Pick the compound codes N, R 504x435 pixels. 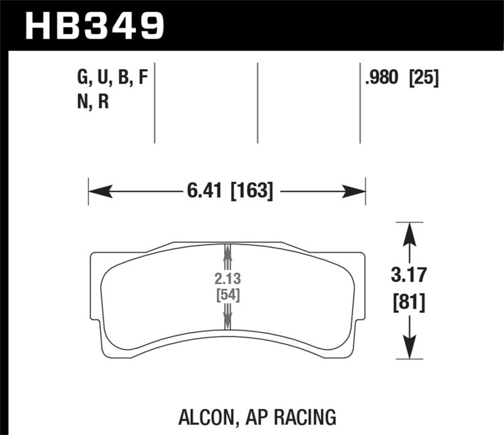pyautogui.click(x=91, y=101)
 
